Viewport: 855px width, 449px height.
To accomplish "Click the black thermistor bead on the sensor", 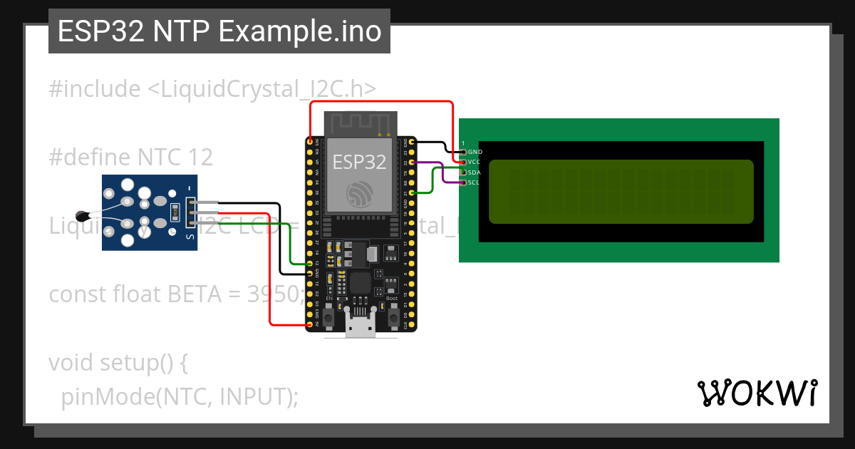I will point(84,215).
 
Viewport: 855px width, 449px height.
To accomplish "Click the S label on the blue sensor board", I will point(189,236).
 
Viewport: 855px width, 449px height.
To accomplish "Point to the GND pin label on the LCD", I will point(475,152).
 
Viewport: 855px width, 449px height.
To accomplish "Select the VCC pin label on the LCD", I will point(475,162).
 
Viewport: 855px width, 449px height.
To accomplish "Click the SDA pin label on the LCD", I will point(475,172).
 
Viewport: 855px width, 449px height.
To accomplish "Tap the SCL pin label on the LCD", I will point(475,182).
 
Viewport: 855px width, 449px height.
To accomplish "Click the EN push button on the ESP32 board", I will point(329,315).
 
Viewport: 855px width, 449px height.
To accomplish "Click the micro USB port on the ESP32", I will point(361,324).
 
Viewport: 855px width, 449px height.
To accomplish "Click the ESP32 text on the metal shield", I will point(360,162).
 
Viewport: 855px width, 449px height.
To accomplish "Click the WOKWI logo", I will point(757,393).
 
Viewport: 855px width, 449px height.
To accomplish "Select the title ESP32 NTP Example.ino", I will point(219,32).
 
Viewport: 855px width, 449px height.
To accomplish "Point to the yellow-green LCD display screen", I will point(621,191).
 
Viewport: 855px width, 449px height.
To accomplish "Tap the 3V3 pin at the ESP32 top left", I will point(310,143).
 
